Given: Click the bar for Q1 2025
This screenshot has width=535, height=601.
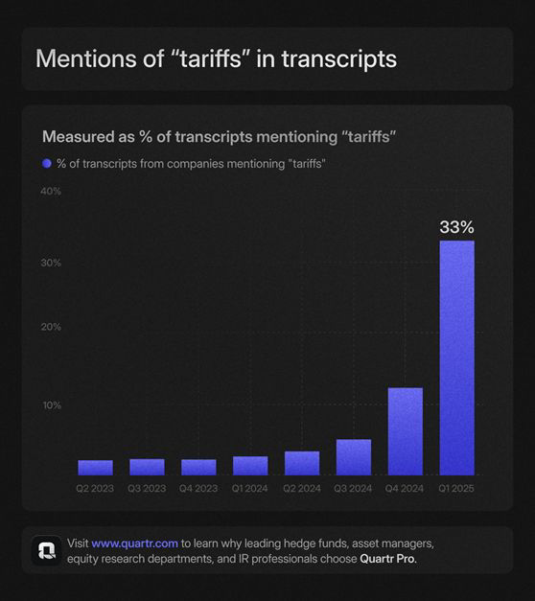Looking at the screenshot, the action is point(456,358).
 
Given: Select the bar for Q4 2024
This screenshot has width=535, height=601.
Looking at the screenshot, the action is point(406,431).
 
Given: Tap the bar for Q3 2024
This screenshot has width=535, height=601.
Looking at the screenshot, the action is point(354,457).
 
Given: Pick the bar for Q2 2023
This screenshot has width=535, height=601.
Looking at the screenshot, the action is point(96,468).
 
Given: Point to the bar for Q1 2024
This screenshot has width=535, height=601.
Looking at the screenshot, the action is point(250,466).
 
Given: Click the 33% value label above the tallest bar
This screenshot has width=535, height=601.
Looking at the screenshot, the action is point(456,227).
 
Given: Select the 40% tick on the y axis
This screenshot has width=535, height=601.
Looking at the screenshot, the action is point(51,192).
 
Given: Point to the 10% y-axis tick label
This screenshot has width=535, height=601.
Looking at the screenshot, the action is point(52,405).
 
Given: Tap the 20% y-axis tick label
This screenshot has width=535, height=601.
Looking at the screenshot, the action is point(51,327).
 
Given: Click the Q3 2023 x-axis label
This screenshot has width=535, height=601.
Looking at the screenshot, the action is point(147,488).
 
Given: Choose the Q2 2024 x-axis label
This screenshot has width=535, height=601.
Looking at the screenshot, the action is point(302,488).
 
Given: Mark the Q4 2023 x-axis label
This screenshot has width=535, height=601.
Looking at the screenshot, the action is point(198,488).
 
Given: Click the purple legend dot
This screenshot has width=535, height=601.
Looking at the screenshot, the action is point(47,164).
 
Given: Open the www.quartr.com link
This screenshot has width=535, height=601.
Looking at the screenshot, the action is point(134,543).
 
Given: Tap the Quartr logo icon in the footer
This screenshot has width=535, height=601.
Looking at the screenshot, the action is point(46,551).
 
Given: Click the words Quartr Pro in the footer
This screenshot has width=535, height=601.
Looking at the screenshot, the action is point(387,559).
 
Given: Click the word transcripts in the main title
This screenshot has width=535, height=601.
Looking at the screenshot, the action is point(339,59).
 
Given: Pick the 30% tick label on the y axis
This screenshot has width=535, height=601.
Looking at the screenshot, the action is point(51,263).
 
